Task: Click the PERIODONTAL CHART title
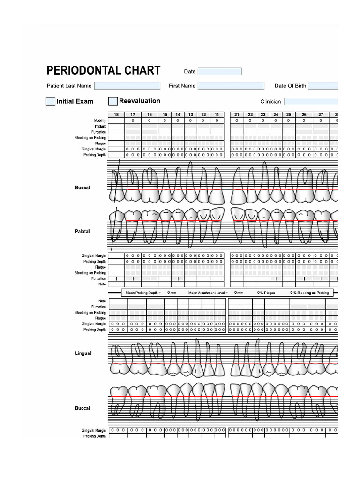[103, 71]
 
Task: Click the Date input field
[219, 72]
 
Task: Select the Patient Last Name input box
[127, 86]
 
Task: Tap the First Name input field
[231, 86]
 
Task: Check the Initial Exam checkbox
[51, 101]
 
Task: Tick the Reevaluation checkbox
[113, 101]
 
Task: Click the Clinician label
[270, 101]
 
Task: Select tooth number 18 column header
[116, 115]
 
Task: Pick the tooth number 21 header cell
[237, 115]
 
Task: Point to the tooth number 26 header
[304, 115]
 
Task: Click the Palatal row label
[82, 232]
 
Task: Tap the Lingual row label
[83, 353]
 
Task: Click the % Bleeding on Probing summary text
[311, 292]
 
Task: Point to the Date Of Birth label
[290, 86]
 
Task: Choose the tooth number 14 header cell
[178, 115]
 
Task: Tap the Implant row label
[100, 126]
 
